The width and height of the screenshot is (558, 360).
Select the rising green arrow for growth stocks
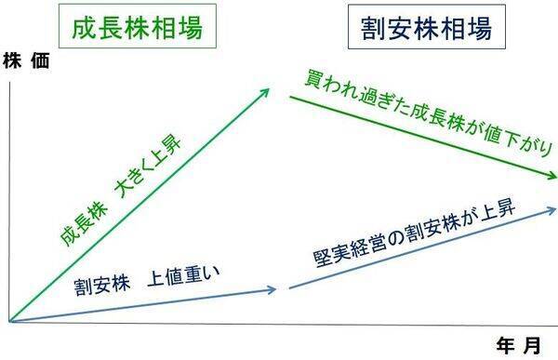pyautogui.click(x=139, y=205)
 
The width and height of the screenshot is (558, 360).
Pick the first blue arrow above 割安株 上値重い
pyautogui.click(x=139, y=304)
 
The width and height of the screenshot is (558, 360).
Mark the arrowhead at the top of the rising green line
pyautogui.click(x=265, y=90)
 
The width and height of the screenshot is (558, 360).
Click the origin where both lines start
pyautogui.click(x=8, y=322)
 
